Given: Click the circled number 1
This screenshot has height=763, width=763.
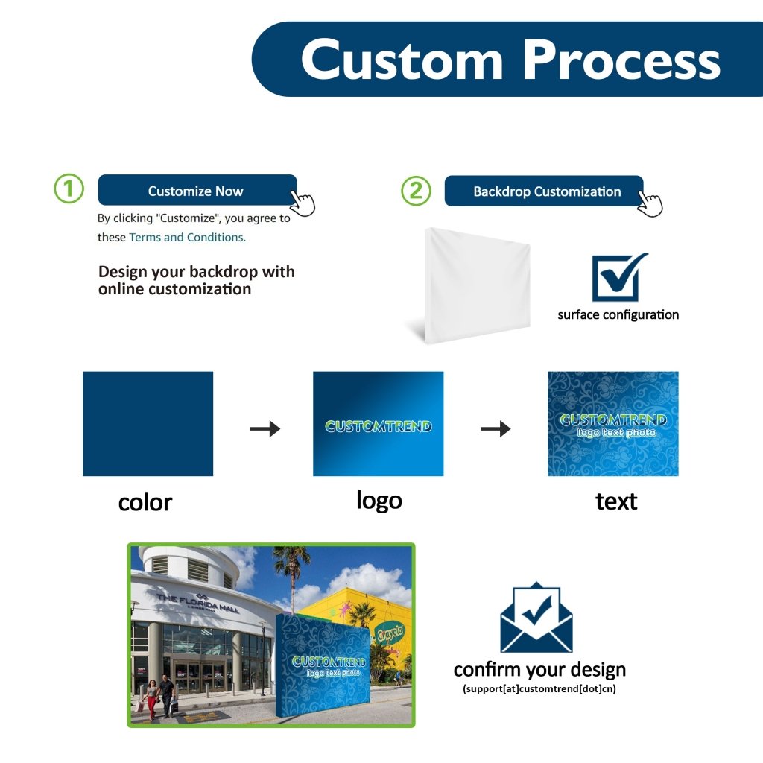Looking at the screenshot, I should click(69, 189).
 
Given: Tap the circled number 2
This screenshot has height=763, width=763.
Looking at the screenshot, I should click(416, 191).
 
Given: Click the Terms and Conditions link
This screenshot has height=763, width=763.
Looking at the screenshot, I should click(187, 237).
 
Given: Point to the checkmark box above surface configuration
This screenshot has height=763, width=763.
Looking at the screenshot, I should click(618, 277).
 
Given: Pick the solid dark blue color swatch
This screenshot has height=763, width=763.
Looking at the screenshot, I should click(148, 423).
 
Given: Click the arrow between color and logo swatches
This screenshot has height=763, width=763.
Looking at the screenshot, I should click(265, 428).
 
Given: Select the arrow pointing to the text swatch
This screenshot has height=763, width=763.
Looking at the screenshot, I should click(495, 428).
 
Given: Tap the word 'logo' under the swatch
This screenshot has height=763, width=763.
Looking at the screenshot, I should click(379, 501).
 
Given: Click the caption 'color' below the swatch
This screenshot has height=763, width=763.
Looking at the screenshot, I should click(145, 503).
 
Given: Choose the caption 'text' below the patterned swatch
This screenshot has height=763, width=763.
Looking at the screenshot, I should click(616, 501).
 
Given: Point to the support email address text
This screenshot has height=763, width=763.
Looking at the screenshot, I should click(539, 688).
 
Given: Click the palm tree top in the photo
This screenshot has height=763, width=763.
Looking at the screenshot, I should click(291, 556).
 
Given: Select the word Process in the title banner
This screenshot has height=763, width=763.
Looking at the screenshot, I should click(621, 60).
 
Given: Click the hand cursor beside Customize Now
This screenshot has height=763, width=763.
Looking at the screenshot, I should click(302, 202).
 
